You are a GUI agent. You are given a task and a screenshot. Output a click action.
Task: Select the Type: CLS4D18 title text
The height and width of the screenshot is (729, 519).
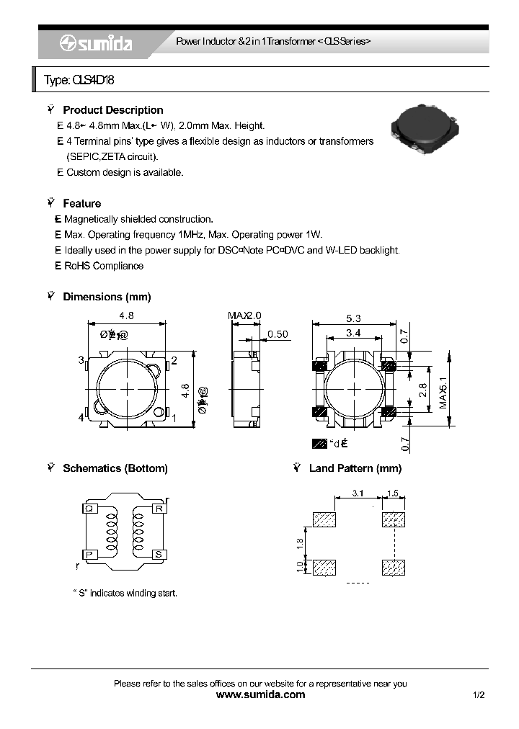(79, 81)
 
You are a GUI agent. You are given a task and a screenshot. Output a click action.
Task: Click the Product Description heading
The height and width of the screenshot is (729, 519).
(112, 110)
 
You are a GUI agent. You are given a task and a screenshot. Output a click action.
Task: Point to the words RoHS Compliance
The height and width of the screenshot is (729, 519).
(104, 266)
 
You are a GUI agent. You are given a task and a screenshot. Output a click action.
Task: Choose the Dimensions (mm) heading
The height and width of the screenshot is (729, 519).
(107, 297)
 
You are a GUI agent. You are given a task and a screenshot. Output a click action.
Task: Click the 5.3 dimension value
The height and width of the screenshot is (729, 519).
(353, 318)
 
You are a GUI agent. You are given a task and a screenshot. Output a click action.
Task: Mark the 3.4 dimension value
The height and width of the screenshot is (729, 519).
(353, 332)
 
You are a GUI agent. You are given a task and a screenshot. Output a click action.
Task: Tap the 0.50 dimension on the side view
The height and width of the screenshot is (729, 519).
(278, 334)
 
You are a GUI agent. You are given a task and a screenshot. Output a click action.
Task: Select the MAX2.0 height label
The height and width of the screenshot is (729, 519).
(244, 316)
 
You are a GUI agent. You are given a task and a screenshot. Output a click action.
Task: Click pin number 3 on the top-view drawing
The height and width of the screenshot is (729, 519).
(81, 359)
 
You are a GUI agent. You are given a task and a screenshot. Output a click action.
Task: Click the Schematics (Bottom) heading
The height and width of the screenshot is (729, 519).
(115, 468)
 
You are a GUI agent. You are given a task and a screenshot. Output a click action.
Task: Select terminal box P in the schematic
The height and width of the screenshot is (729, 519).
(90, 554)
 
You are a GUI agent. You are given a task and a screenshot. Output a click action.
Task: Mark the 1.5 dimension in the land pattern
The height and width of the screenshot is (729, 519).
(393, 493)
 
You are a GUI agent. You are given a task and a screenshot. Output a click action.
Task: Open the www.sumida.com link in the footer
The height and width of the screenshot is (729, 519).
(260, 695)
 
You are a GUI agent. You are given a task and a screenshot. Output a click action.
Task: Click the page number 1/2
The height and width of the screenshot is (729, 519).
(479, 695)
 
